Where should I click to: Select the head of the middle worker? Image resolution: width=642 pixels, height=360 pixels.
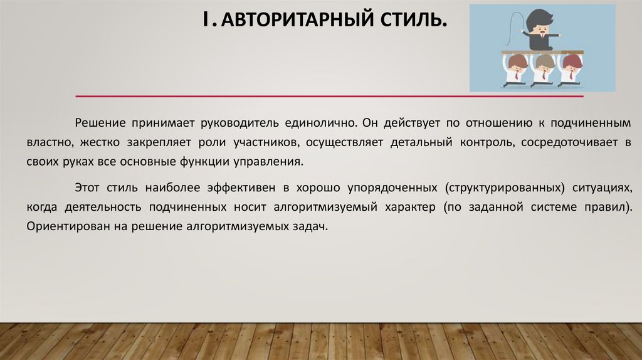click(x=544, y=62)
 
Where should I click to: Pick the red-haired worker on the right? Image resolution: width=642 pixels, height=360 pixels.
click(x=571, y=63)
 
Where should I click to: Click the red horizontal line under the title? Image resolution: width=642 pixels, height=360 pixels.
click(x=329, y=96)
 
